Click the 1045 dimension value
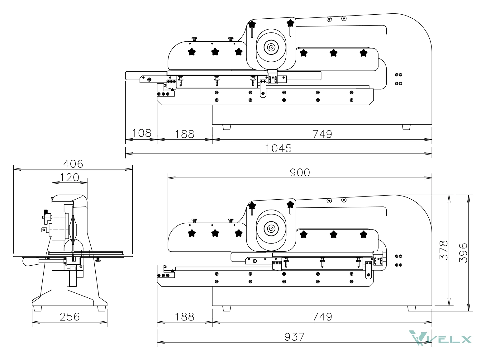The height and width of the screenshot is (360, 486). pyautogui.click(x=278, y=148)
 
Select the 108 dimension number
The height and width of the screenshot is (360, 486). pyautogui.click(x=141, y=133)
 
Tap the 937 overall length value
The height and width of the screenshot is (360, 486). pyautogui.click(x=294, y=337)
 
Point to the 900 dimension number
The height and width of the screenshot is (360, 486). pyautogui.click(x=300, y=173)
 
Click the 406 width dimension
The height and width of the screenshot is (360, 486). pyautogui.click(x=73, y=164)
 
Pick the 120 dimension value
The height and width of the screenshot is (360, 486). pyautogui.click(x=69, y=177)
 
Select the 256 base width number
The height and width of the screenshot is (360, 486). pyautogui.click(x=69, y=317)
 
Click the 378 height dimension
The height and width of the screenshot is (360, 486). pyautogui.click(x=444, y=250)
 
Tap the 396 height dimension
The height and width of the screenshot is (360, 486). pyautogui.click(x=463, y=253)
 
